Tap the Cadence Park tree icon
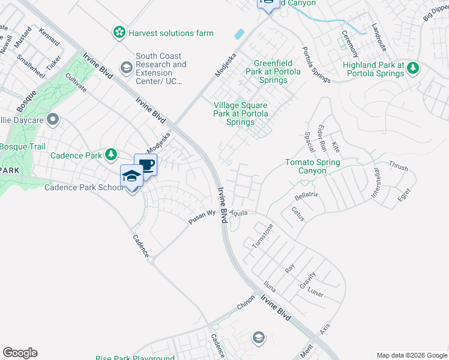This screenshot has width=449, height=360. [x=111, y=155]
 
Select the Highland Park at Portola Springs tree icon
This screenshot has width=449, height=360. [x=412, y=68]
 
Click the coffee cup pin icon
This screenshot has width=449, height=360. [x=145, y=165]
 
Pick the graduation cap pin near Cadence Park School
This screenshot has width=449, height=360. [x=131, y=176]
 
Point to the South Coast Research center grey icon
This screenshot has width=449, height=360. [x=126, y=67]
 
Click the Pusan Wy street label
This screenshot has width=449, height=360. [x=202, y=217]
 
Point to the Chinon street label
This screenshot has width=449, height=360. [x=246, y=305]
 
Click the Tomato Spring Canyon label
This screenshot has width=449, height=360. [x=312, y=166]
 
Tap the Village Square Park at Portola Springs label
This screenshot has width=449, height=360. [x=241, y=113]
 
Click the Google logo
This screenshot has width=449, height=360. [x=20, y=352]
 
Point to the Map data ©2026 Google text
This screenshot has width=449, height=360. [x=411, y=355]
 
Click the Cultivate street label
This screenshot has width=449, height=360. [x=76, y=82]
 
